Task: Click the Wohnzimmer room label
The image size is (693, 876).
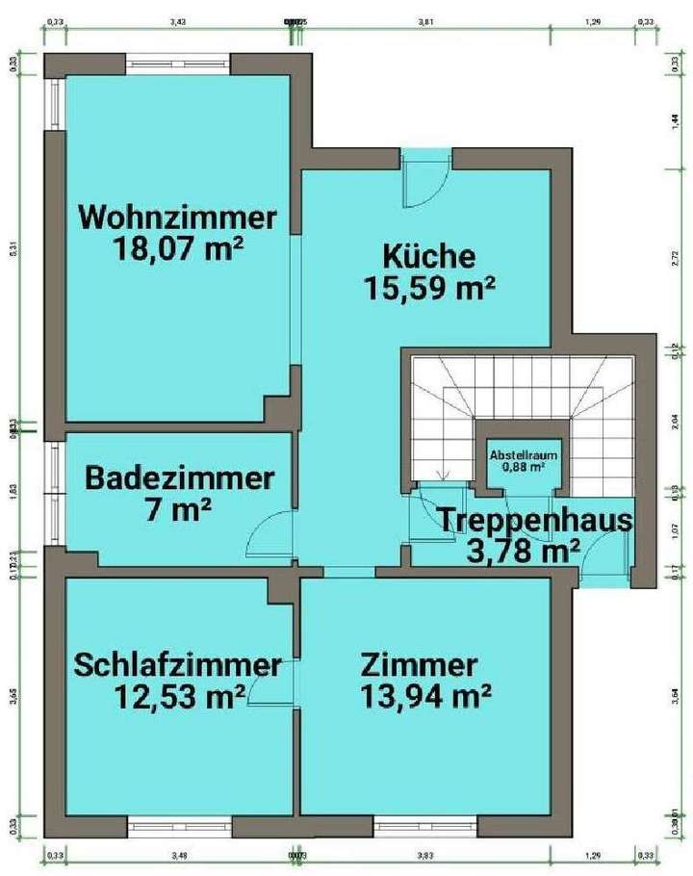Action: point(178,216)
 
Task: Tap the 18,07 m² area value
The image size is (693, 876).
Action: point(178,249)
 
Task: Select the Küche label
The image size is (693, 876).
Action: point(428,256)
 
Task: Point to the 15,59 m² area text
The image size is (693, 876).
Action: point(428,288)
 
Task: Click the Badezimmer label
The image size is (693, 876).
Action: point(180,477)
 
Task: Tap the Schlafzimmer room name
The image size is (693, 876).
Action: point(178,664)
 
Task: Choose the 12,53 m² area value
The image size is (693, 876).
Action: point(178,696)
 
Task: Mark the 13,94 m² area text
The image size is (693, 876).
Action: point(427,696)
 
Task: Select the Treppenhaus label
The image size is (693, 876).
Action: point(537,521)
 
